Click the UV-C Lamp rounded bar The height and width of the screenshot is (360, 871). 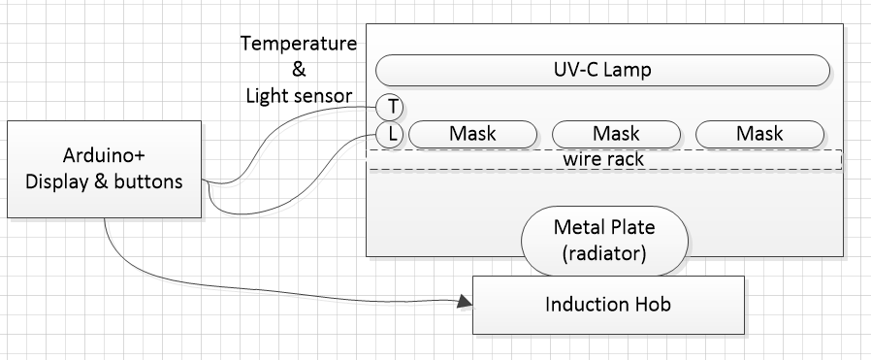click(x=602, y=70)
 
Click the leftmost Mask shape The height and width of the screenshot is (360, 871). click(x=473, y=134)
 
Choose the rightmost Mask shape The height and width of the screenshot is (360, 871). click(x=759, y=134)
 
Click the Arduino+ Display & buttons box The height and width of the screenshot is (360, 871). click(x=105, y=169)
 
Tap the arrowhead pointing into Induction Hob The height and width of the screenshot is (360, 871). click(x=465, y=303)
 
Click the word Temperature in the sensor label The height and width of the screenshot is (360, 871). click(x=300, y=45)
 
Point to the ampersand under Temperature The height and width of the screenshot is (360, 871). click(x=298, y=70)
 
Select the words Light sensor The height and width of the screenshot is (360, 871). click(x=299, y=95)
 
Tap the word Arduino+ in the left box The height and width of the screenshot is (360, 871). click(x=105, y=158)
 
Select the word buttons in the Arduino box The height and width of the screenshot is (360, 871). click(x=149, y=180)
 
